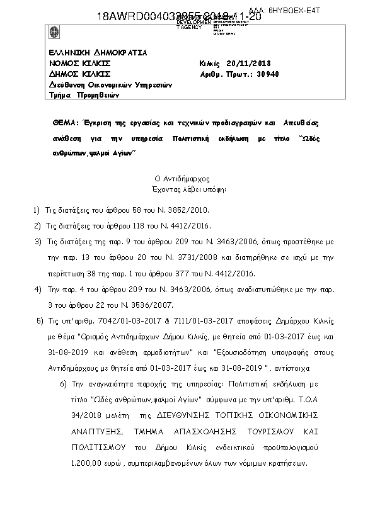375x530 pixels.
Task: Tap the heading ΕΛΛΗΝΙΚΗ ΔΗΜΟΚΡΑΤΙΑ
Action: (98, 53)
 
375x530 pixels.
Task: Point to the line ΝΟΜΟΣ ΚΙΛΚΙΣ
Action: (79, 64)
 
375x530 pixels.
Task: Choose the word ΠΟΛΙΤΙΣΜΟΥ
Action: (93, 448)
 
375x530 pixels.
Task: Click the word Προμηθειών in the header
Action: (98, 96)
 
